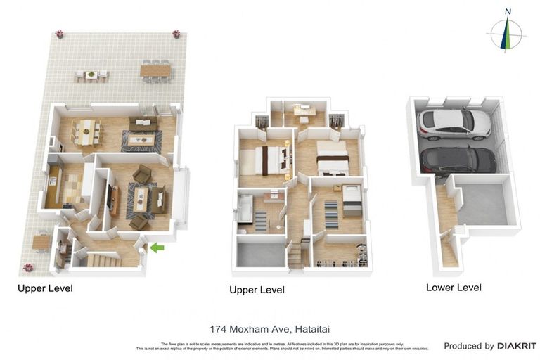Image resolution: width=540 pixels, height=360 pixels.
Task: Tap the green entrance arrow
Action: pos(157,247)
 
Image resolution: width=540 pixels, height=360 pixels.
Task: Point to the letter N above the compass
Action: pos(508,11)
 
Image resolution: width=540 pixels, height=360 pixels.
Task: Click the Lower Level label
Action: pos(454,287)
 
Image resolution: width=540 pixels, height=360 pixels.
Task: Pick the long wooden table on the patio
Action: pos(155,70)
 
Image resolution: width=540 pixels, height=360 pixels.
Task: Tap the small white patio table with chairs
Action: pos(92,75)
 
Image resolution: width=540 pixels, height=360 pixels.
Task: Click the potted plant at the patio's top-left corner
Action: pos(59,34)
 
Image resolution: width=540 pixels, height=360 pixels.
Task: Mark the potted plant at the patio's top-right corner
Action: pos(176,34)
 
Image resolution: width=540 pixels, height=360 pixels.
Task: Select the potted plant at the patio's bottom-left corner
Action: pos(28,267)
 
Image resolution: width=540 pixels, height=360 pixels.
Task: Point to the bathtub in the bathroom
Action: pos(246,209)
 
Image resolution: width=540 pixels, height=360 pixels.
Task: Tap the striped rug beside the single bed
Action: pos(331,214)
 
